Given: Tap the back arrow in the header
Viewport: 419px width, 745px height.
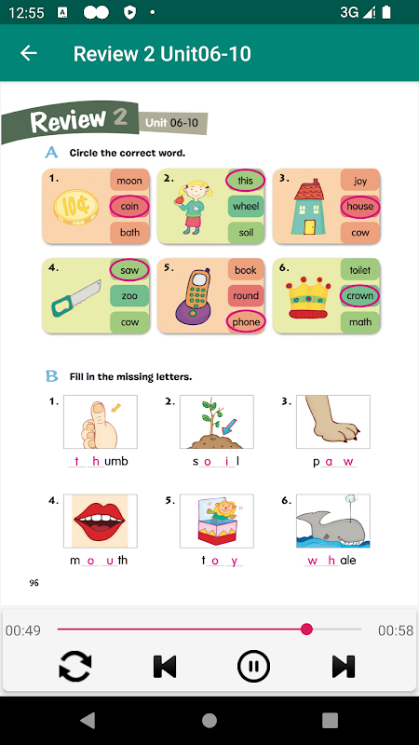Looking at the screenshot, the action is pos(29,53).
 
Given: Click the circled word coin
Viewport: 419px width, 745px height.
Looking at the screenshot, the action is pos(129,206).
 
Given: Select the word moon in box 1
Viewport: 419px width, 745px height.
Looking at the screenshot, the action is pos(129,181).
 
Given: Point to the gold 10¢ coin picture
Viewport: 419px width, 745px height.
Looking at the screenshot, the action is pos(76,207).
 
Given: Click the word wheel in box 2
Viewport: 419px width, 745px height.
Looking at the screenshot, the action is pos(246,206).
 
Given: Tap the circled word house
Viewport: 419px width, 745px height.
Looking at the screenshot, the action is pos(359,206).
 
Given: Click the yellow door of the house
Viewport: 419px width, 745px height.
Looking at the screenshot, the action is pos(310,226).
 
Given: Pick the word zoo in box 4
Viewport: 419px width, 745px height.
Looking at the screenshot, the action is pos(129,295).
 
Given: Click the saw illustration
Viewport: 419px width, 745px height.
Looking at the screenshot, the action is pos(76,298).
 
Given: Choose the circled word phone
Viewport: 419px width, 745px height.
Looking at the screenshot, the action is pos(246,321).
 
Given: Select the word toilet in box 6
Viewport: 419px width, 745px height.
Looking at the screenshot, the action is pos(359,270).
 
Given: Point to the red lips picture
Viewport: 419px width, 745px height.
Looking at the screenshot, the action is pos(100,521).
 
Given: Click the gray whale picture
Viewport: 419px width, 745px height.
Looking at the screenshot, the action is pos(332,524).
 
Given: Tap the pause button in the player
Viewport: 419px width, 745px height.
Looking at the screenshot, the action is pos(253,666).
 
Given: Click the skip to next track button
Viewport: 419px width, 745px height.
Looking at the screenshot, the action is pos(344,666).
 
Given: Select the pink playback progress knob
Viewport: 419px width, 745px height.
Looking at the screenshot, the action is pos(307,630).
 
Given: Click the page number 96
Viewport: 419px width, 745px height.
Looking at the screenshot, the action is pos(34,583).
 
